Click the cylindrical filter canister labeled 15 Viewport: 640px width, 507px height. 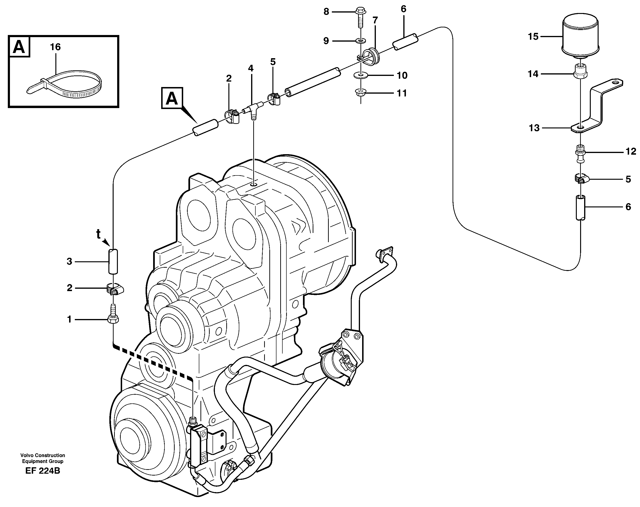click(580, 36)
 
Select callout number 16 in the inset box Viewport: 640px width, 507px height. click(55, 47)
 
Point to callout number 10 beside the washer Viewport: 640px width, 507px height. click(402, 75)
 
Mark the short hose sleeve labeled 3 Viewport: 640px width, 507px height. click(113, 261)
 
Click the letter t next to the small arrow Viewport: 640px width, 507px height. click(98, 234)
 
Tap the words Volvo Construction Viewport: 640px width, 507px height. click(43, 455)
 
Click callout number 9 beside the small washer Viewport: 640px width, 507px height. click(326, 41)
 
